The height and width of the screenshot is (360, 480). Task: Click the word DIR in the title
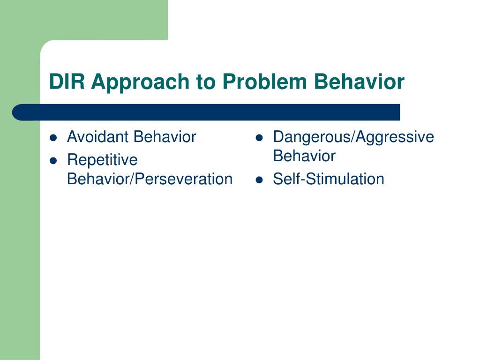coord(67,82)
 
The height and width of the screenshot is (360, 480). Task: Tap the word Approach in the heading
coord(140,83)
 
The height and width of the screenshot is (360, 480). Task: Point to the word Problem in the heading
coord(264,82)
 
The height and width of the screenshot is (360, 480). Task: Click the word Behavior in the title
coord(359,82)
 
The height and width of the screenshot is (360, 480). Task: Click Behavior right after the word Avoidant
coord(165,136)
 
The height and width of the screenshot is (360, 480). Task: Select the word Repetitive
coord(102,160)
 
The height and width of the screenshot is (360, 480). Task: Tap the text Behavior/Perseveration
coord(150,179)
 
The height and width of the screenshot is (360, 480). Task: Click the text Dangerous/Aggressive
coord(353,137)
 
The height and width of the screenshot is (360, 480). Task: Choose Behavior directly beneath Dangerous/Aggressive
coord(304,156)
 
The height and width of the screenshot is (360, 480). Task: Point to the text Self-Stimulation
coord(329,179)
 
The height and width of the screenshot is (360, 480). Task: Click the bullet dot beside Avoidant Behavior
coord(53,138)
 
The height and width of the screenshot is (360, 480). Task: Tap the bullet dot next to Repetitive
coord(53,161)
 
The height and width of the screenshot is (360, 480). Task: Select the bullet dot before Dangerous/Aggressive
coord(259,138)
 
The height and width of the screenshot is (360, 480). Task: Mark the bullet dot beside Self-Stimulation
coord(259,180)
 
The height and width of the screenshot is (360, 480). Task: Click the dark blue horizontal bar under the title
coord(206,112)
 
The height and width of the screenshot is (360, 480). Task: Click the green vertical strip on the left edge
coord(20,232)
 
